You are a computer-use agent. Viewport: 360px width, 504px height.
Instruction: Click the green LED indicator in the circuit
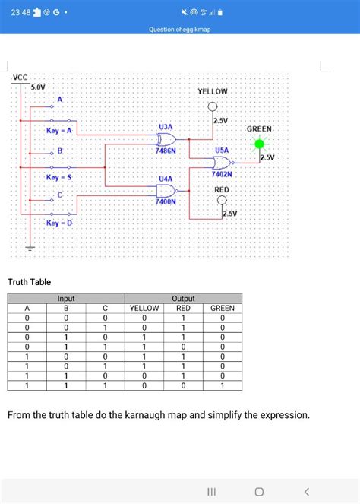pos(260,144)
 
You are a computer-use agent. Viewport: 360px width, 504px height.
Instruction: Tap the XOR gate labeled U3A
pos(165,139)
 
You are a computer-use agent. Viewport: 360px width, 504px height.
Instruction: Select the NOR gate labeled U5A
pos(223,163)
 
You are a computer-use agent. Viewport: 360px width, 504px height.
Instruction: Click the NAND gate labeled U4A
pos(165,191)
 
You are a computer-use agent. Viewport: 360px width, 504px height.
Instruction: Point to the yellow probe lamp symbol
pos(213,106)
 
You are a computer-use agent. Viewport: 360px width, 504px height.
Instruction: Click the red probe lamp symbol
pos(222,201)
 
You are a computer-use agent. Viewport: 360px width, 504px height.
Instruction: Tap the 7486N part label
pos(166,151)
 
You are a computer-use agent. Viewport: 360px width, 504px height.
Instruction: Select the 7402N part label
pos(222,175)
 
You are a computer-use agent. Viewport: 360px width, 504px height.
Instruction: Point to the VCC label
pos(20,78)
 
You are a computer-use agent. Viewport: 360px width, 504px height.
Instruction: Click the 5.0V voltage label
pos(37,87)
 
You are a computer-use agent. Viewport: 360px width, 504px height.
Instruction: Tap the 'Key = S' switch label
pos(58,177)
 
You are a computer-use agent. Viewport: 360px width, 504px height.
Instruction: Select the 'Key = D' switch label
pos(58,223)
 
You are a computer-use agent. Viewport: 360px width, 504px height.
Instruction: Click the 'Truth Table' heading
pos(29,283)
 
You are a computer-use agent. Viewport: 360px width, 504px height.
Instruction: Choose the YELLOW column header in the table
pos(144,308)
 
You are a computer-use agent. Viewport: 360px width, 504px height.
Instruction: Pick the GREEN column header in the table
pos(222,308)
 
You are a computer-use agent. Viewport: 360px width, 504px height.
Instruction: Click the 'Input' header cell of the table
pos(66,300)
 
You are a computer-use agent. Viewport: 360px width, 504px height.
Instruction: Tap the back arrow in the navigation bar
pos(306,491)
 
